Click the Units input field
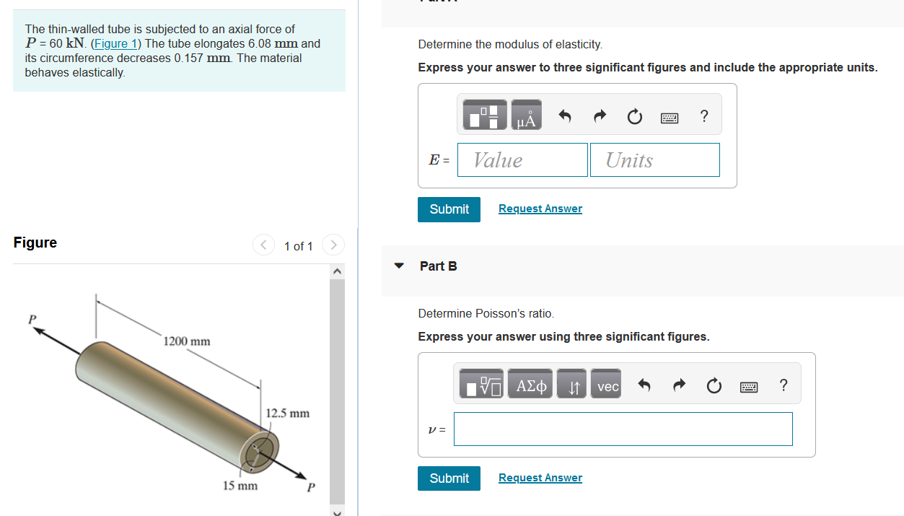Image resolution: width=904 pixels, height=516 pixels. click(x=654, y=160)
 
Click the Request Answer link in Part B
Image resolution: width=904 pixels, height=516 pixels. click(x=540, y=478)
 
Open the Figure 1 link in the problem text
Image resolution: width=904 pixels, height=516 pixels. click(x=115, y=43)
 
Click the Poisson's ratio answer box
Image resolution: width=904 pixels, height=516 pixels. click(x=623, y=429)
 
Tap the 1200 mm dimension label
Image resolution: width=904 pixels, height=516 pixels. click(x=187, y=341)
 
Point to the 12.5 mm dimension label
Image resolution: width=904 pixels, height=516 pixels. click(x=287, y=414)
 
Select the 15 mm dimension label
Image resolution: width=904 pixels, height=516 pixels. click(x=240, y=486)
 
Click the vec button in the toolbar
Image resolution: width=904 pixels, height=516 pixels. click(x=607, y=387)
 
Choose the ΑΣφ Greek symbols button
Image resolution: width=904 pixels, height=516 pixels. click(x=532, y=387)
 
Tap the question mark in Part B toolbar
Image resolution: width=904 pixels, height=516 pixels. click(x=784, y=385)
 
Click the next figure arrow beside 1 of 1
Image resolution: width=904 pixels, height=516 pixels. click(x=333, y=245)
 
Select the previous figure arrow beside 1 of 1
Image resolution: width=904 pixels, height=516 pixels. click(x=263, y=245)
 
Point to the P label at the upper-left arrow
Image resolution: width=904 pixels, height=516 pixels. click(x=32, y=319)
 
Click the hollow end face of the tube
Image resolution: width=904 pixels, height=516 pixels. click(x=258, y=452)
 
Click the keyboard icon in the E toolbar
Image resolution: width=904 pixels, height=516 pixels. click(x=670, y=118)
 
